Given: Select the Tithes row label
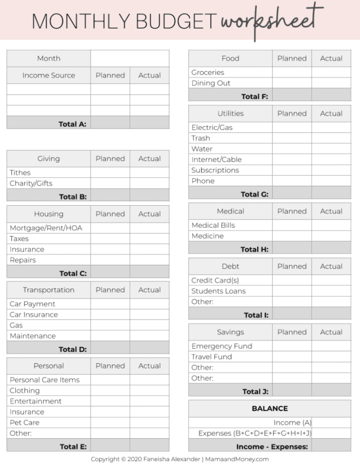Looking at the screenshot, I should [20, 172].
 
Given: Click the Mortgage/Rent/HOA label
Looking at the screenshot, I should [46, 228].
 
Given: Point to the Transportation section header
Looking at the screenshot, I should [48, 290].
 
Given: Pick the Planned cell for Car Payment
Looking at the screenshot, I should [110, 304].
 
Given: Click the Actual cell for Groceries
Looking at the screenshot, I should [331, 73].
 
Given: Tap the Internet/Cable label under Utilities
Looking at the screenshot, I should [217, 159].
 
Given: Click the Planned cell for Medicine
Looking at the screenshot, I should [292, 236].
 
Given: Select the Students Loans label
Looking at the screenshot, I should [219, 291].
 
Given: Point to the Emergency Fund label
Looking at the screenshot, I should [222, 346].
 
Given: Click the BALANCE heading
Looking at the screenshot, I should [269, 408].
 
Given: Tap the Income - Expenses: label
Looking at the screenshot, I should [272, 447].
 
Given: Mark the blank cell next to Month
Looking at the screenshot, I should [130, 58].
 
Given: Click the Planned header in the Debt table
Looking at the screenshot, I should [292, 266].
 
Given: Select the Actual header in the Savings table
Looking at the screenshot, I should [331, 332].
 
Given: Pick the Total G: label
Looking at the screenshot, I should [255, 194].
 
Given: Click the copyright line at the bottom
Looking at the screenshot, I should [180, 459].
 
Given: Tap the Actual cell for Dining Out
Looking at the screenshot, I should [331, 83].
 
